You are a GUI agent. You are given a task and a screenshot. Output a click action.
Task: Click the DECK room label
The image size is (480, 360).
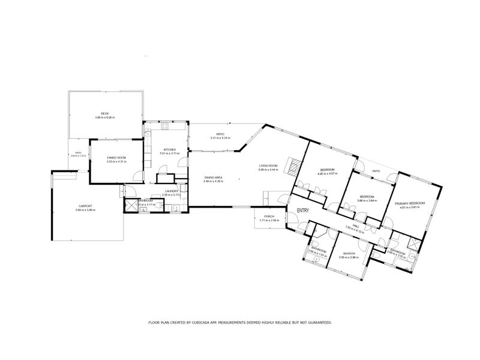pos(104,113)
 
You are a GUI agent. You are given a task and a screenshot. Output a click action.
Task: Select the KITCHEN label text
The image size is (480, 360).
pos(170,149)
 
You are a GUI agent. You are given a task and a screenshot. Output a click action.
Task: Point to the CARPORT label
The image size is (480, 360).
pos(86,206)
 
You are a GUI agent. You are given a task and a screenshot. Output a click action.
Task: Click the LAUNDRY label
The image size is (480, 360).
pos(171,191)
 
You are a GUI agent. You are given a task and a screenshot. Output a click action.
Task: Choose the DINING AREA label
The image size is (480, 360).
pos(214,177)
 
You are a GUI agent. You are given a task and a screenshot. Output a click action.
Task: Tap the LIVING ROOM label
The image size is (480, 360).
pos(268,166)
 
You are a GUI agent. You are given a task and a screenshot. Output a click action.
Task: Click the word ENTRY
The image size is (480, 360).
pos(303,211)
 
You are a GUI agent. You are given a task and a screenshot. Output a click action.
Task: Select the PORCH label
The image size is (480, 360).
pos(269,217)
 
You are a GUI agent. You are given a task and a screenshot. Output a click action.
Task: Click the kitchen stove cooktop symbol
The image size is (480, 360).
pos(165,127)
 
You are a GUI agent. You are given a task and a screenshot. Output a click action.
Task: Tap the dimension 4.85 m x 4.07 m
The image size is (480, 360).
pos(328,174)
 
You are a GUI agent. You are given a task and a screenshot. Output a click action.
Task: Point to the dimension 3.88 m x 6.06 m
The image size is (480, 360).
pos(104,117)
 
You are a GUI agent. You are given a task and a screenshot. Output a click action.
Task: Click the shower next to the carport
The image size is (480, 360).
pos(129,205)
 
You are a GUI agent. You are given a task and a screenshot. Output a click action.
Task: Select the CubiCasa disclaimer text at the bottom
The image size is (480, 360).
pos(240,323)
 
